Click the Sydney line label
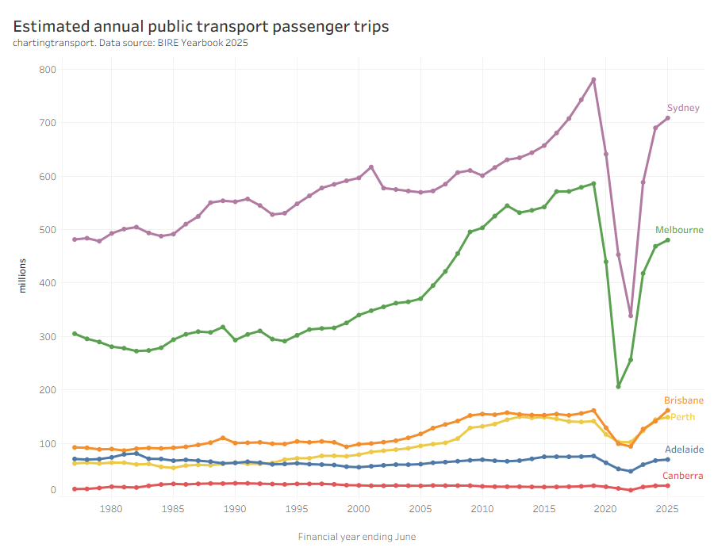[x=682, y=108]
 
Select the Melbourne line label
[x=679, y=230]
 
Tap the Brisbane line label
[x=683, y=400]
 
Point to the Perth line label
[x=682, y=417]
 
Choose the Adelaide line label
[x=684, y=450]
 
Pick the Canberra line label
[x=682, y=476]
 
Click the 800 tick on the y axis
[x=48, y=70]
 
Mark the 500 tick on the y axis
[x=48, y=230]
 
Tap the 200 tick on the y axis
[x=48, y=390]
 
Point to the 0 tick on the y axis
[x=53, y=490]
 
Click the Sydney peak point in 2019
[x=593, y=79]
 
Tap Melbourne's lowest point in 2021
[x=618, y=386]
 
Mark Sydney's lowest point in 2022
[x=631, y=316]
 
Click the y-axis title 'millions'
[x=22, y=274]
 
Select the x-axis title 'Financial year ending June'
[x=357, y=537]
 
